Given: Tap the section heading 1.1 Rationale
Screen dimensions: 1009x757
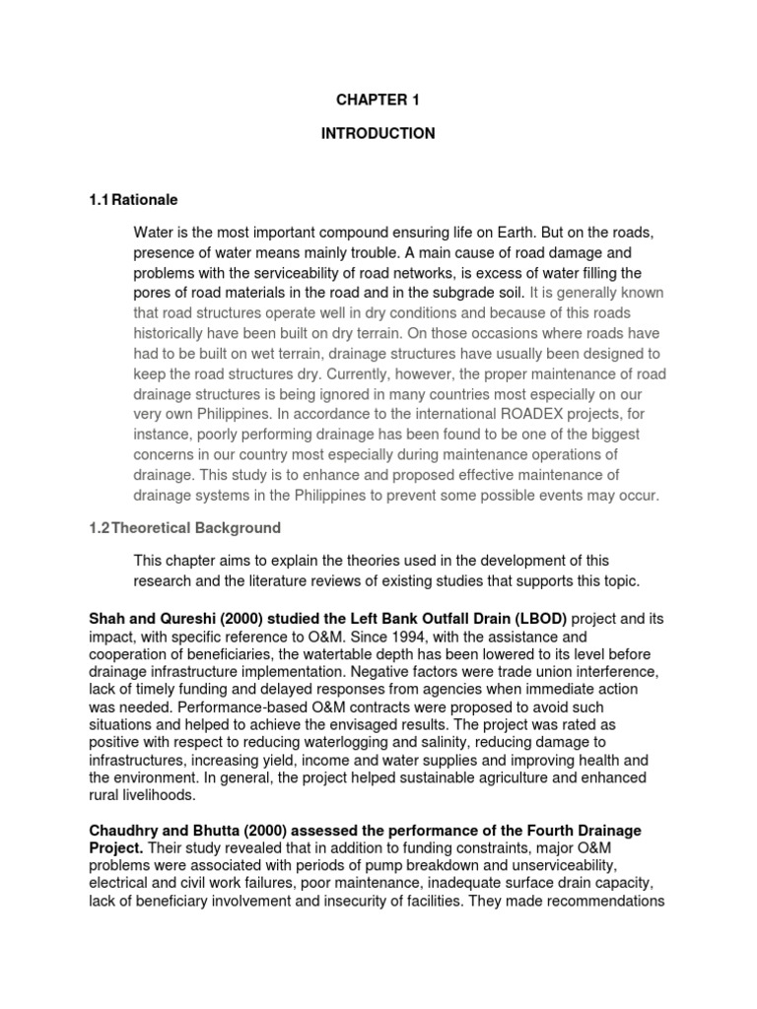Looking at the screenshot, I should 133,200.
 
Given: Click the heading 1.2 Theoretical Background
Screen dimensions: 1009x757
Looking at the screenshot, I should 184,528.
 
